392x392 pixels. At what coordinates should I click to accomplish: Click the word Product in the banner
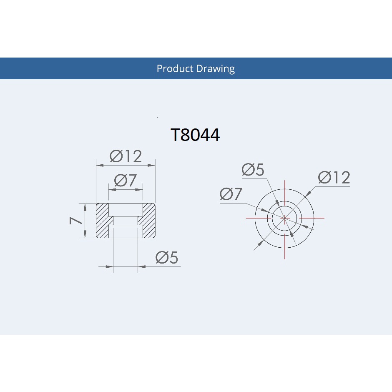click(x=175, y=68)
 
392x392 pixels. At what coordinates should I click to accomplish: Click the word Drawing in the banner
click(x=215, y=69)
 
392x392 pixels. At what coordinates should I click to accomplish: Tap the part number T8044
click(x=195, y=135)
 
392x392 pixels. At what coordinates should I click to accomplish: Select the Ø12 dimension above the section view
click(x=126, y=156)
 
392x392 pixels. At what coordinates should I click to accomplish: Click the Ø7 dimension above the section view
click(x=126, y=180)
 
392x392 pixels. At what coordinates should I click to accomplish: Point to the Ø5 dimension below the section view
click(x=167, y=257)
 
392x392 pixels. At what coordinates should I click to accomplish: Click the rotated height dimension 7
click(x=75, y=221)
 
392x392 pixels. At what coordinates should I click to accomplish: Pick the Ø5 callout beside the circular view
click(x=253, y=169)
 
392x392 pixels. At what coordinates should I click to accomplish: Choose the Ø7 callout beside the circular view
click(x=231, y=194)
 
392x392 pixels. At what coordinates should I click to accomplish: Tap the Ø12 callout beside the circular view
click(x=334, y=178)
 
